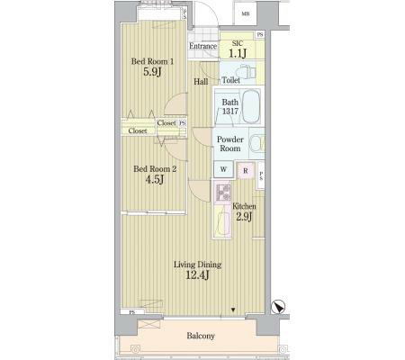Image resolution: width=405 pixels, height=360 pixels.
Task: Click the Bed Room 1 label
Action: (152, 61)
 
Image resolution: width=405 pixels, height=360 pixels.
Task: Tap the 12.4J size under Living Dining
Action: (197, 274)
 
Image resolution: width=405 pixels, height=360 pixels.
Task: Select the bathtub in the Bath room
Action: (250, 106)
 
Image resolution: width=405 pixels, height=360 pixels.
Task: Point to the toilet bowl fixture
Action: (246, 72)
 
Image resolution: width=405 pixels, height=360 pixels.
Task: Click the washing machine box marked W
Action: (223, 169)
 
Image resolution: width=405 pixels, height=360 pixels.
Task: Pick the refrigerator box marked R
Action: (246, 171)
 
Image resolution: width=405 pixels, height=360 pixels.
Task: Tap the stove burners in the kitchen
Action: (222, 193)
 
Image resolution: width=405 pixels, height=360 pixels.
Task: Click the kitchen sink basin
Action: (222, 220)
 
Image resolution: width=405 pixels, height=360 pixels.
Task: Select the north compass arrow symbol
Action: (279, 307)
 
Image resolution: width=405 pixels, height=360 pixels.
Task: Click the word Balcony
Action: (201, 336)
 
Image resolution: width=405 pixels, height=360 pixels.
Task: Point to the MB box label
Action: (246, 13)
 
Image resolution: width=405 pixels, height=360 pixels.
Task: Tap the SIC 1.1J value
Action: (238, 53)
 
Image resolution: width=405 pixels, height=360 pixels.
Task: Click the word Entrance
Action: (203, 46)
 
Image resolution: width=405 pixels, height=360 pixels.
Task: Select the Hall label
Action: (201, 81)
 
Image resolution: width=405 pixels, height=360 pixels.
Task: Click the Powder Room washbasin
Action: (257, 143)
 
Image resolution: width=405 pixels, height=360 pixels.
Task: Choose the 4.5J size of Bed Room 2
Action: (155, 180)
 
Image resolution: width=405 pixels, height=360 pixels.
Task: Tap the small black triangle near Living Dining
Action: (233, 310)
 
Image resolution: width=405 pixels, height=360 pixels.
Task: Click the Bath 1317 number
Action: (230, 112)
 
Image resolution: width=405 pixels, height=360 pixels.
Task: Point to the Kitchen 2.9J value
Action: (244, 216)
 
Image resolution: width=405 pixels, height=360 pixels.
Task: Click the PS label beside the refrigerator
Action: (261, 175)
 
